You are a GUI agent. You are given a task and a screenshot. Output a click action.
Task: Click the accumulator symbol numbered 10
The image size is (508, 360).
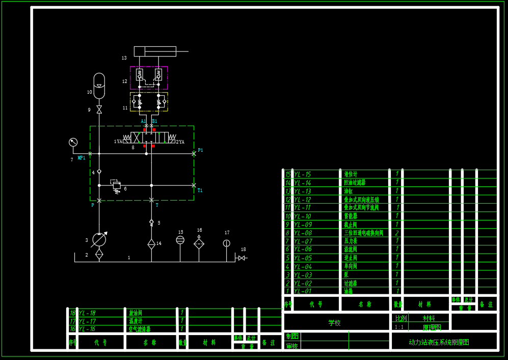[x=99, y=86]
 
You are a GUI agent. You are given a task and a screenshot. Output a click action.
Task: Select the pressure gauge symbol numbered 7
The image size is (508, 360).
[x=73, y=142]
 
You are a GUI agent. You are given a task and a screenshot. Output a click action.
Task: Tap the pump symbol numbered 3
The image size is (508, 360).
[x=99, y=239]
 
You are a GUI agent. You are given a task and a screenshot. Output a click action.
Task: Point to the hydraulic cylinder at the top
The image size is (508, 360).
[x=155, y=51]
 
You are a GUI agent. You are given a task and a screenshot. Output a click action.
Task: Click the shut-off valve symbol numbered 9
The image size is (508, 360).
[x=99, y=109]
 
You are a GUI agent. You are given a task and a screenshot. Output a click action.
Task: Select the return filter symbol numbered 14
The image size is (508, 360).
[x=151, y=244]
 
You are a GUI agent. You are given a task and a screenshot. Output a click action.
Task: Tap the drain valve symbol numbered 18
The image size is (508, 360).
[x=242, y=258]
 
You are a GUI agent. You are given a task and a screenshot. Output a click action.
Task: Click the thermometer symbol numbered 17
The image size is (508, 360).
[x=227, y=243]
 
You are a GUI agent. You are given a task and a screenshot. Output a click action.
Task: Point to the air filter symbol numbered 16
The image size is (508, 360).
[x=199, y=244]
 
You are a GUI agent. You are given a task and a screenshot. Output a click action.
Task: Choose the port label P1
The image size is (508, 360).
[x=200, y=150]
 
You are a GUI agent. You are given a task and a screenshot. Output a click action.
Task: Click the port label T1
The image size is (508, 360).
[x=200, y=190]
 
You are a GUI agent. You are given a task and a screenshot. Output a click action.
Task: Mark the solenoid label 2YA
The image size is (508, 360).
[x=180, y=142]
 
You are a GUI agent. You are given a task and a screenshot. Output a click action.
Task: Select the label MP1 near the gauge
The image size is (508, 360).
[x=82, y=158]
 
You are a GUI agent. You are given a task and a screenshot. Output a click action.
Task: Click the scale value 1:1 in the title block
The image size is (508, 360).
[x=399, y=327]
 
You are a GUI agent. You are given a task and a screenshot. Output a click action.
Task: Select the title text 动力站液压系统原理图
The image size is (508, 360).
[x=439, y=342]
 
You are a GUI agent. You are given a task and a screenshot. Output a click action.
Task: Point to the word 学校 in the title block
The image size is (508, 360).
[x=334, y=323]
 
